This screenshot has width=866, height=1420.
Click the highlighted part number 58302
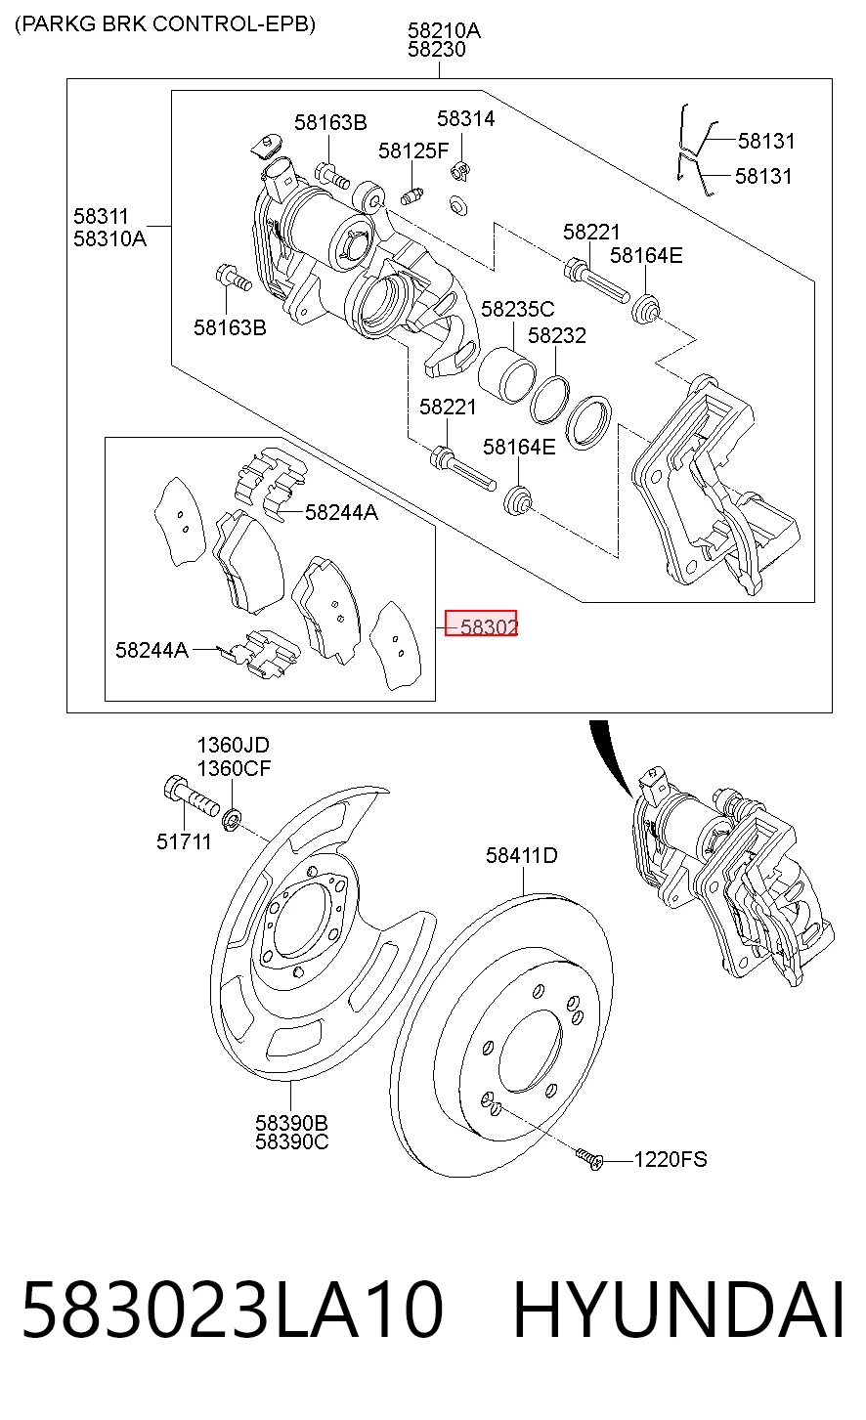tap(489, 627)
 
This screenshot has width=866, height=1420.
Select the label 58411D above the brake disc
tap(522, 856)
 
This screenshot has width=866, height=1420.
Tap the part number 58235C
tap(517, 310)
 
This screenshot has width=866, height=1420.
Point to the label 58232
tap(556, 335)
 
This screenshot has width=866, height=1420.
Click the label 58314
tap(466, 118)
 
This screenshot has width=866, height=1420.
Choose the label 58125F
tap(413, 151)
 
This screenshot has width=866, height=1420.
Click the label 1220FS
tap(671, 1159)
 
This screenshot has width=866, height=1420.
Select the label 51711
tap(184, 841)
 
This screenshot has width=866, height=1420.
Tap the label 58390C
tap(291, 1141)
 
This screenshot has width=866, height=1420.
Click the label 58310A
tap(109, 239)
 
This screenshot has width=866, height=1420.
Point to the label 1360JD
tap(233, 745)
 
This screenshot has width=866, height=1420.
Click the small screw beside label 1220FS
tap(589, 1159)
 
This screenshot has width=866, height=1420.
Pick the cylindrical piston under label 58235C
tap(506, 375)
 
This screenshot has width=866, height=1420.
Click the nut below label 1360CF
tap(231, 819)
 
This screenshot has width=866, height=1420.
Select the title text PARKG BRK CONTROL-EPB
tap(165, 24)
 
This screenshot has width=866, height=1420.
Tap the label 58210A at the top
tap(444, 30)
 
